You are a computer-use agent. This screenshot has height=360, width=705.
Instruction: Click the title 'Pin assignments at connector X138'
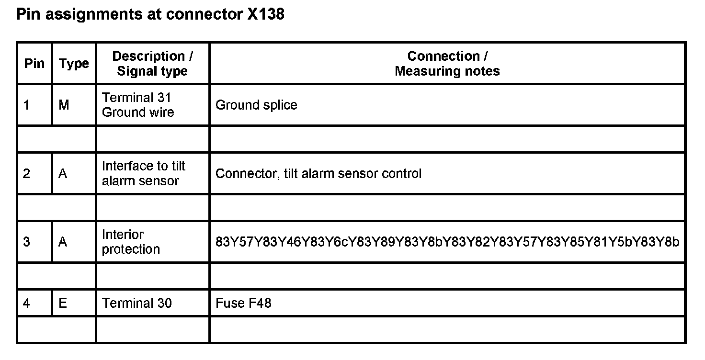pos(150,14)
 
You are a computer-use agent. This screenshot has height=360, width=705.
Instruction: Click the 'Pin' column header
pos(34,64)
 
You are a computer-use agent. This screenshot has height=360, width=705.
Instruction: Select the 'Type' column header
pos(74,64)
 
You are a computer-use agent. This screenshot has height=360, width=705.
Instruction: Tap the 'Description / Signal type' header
pos(152,64)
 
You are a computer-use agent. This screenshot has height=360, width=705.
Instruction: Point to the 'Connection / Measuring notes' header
pos(447,64)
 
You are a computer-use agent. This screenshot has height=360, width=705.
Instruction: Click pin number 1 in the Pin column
pos(26,105)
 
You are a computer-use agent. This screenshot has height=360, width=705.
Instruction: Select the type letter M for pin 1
pos(64,105)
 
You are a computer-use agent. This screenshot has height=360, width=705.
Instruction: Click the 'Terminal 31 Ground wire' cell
pos(138,105)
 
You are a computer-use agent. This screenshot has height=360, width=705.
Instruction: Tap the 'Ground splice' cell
pos(256,105)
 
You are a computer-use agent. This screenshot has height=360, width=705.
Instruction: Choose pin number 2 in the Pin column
pos(26,173)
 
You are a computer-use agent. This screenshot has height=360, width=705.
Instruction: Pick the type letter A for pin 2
pos(63,173)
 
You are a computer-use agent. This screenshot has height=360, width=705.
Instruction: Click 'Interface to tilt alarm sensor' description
pos(143,173)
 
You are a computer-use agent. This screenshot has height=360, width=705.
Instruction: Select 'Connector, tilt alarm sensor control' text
pos(318,173)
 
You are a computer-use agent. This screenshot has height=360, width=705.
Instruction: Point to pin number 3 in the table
pos(26,242)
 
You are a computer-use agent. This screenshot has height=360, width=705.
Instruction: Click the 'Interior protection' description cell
pos(131,242)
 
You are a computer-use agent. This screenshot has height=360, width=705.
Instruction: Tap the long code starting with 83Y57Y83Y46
pos(447,242)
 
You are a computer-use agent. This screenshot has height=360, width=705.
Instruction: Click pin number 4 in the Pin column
pos(26,303)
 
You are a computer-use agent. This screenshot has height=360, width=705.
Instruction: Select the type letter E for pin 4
pos(63,303)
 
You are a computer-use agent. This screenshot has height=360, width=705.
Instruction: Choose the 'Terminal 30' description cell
pos(136,303)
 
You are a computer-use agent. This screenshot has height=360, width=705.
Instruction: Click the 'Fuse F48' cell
pos(243,303)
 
